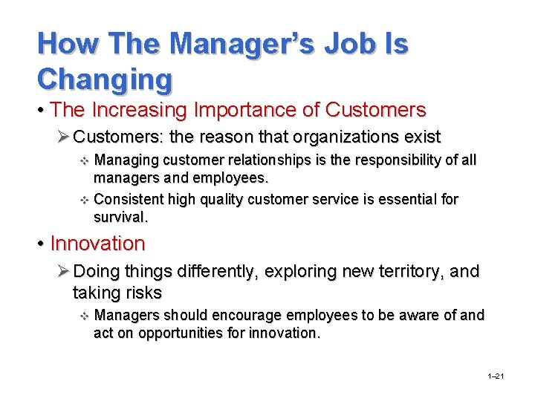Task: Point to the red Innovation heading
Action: [97, 244]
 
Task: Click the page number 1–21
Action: [496, 377]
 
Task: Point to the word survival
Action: [121, 218]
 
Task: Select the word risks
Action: [139, 293]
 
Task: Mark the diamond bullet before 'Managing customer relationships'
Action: [83, 161]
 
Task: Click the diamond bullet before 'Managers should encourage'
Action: [83, 316]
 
